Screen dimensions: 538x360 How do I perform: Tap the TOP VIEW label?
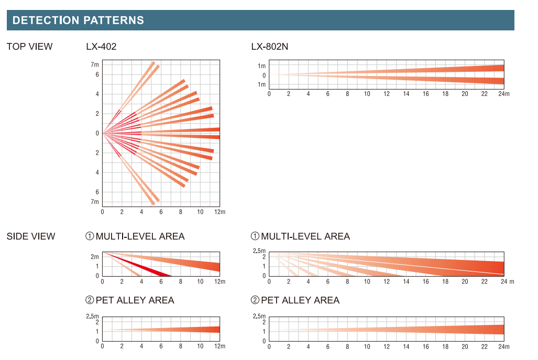(x=29, y=47)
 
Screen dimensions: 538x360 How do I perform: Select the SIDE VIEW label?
(x=31, y=236)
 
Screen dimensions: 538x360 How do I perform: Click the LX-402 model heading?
(x=101, y=47)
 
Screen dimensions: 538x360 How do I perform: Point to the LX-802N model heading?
(x=270, y=47)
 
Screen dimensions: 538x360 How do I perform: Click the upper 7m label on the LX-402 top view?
(x=95, y=64)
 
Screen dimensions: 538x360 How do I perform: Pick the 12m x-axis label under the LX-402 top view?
(x=220, y=212)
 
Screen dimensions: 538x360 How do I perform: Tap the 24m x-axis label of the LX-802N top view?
(x=504, y=94)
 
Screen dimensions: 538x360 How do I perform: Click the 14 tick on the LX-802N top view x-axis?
(x=406, y=94)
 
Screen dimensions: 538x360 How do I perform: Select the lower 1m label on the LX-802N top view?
(x=262, y=84)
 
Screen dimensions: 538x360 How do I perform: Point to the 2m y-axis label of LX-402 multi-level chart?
(x=95, y=257)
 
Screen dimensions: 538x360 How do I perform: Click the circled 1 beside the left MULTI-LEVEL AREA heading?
(x=90, y=236)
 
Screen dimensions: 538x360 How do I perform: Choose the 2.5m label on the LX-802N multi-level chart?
(x=259, y=251)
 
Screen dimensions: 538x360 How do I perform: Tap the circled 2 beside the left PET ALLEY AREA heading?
(x=90, y=300)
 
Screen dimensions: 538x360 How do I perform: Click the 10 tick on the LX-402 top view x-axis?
(x=201, y=212)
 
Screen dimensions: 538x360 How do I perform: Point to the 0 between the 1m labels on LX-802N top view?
(x=264, y=75)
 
